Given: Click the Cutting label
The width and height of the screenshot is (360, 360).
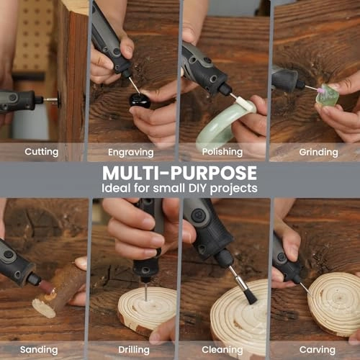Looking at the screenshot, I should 42,152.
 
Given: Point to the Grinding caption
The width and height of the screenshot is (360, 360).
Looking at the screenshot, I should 318,153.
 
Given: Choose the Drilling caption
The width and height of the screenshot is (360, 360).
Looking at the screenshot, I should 133,349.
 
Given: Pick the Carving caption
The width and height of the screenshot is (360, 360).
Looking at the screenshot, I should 318,349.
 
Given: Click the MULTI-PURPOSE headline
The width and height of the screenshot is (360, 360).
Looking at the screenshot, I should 179,173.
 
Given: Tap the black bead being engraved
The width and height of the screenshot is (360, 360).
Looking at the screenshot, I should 140,99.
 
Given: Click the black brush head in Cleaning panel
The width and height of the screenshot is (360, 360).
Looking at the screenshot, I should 247,292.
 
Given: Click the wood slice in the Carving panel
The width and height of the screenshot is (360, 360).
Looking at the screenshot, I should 335,303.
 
